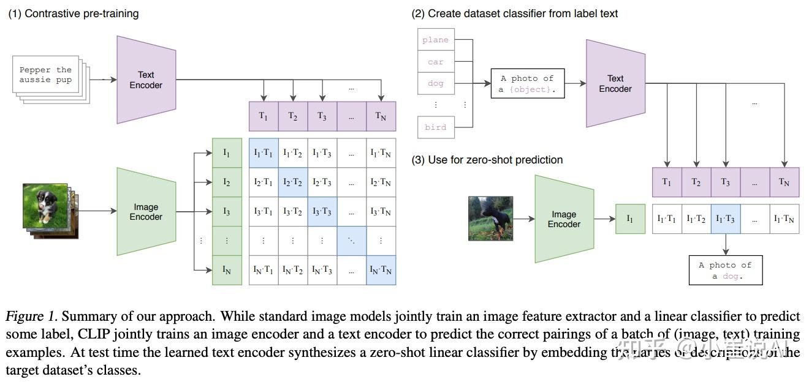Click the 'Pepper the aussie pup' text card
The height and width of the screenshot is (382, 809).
tap(45, 75)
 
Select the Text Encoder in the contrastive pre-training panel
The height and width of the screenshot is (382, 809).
tap(146, 80)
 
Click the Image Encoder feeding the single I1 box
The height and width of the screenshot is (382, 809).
tap(563, 219)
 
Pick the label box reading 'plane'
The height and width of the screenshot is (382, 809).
tap(436, 40)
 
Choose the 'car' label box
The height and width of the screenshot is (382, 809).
tap(436, 62)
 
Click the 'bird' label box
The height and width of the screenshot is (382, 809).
tap(436, 127)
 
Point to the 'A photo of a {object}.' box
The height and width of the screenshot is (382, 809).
tap(527, 84)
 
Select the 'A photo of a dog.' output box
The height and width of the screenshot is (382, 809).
tap(726, 270)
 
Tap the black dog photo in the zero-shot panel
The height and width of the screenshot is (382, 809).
tap(490, 218)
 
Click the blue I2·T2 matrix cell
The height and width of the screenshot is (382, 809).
tap(293, 182)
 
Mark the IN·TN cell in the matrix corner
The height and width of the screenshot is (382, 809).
tap(381, 270)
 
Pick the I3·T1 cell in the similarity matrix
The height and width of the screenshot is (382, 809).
tap(264, 212)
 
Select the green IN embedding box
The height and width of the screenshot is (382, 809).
tap(227, 270)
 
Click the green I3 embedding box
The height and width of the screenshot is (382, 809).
tap(227, 212)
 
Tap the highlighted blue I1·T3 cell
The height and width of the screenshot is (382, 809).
tap(726, 219)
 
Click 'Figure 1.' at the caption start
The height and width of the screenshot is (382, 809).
tap(32, 316)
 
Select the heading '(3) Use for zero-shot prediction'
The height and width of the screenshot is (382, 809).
tap(487, 160)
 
